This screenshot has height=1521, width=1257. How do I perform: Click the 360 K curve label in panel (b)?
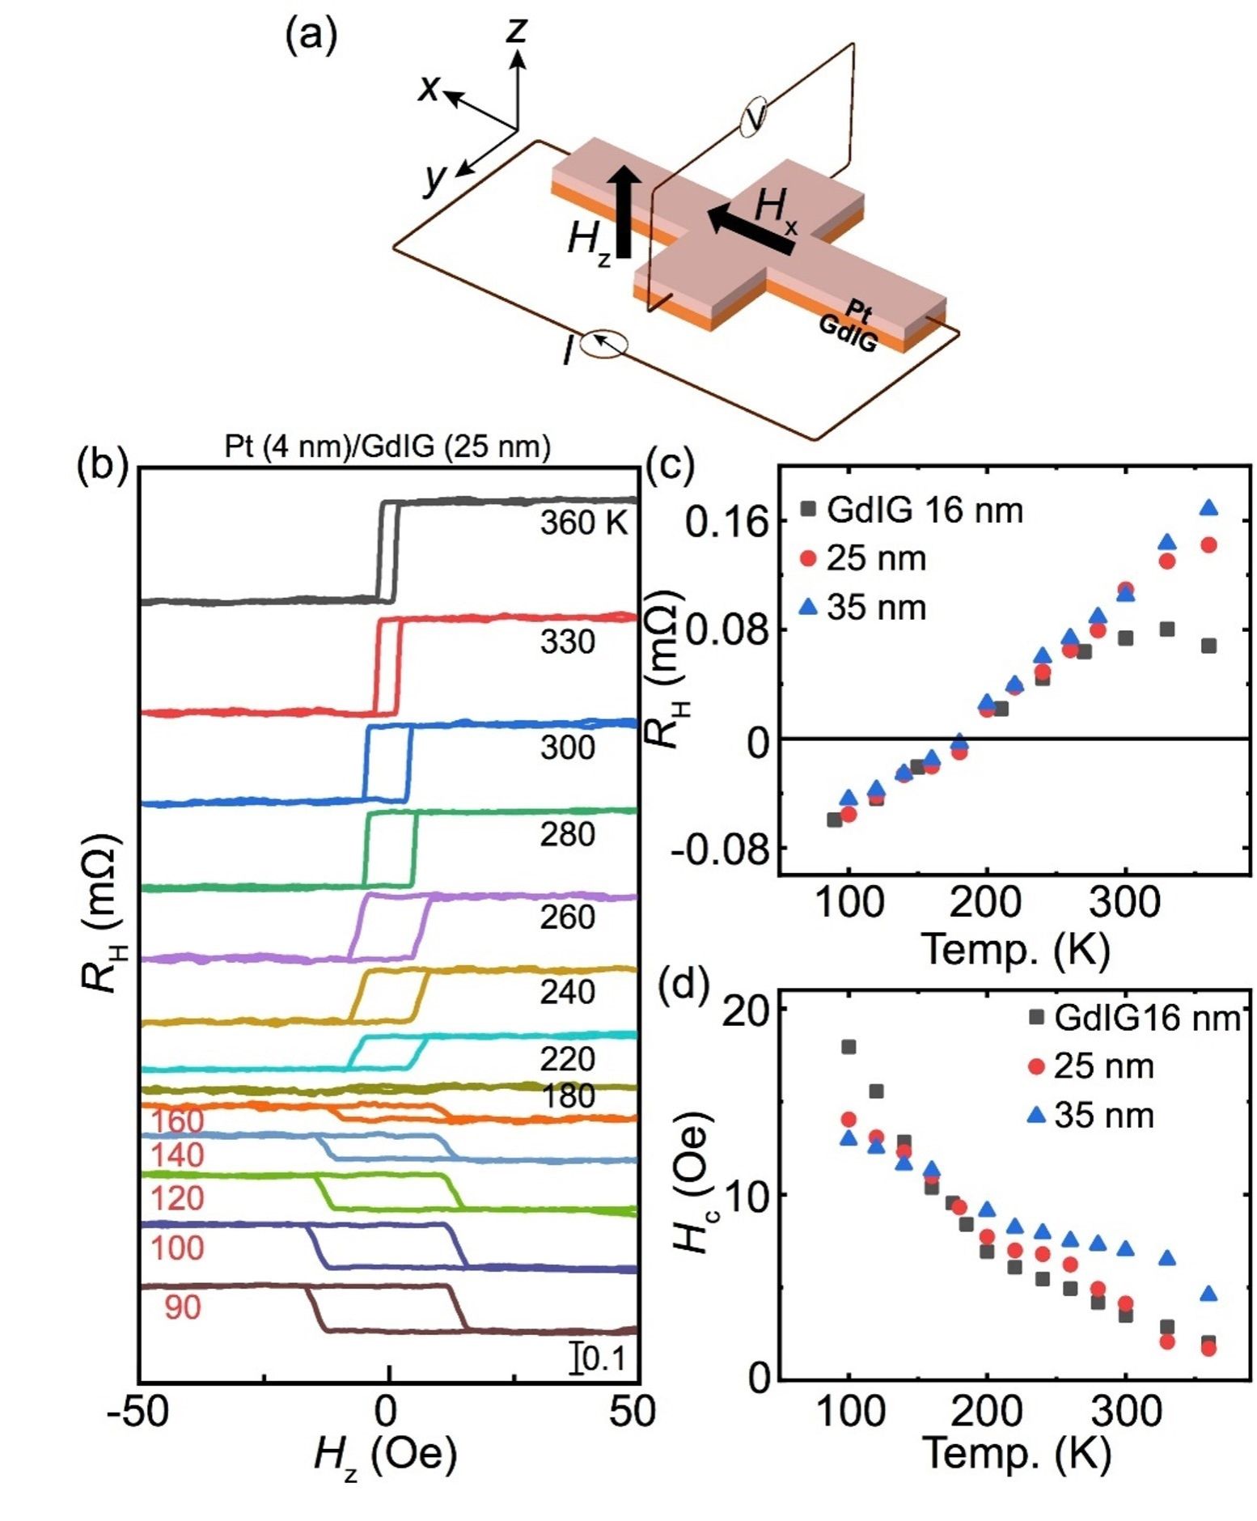pos(584,523)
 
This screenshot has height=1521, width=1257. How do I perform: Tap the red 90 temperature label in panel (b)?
pos(183,1307)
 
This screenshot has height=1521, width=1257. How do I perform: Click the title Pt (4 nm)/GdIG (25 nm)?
pos(387,446)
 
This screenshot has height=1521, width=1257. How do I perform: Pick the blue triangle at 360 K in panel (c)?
pos(1208,507)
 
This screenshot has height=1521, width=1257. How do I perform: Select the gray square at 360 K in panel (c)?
pos(1208,646)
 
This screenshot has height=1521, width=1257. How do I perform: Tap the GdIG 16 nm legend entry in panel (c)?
pos(912,510)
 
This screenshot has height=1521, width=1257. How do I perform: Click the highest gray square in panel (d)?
pos(849,1047)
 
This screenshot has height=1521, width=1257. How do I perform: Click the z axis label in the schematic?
pos(515,32)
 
